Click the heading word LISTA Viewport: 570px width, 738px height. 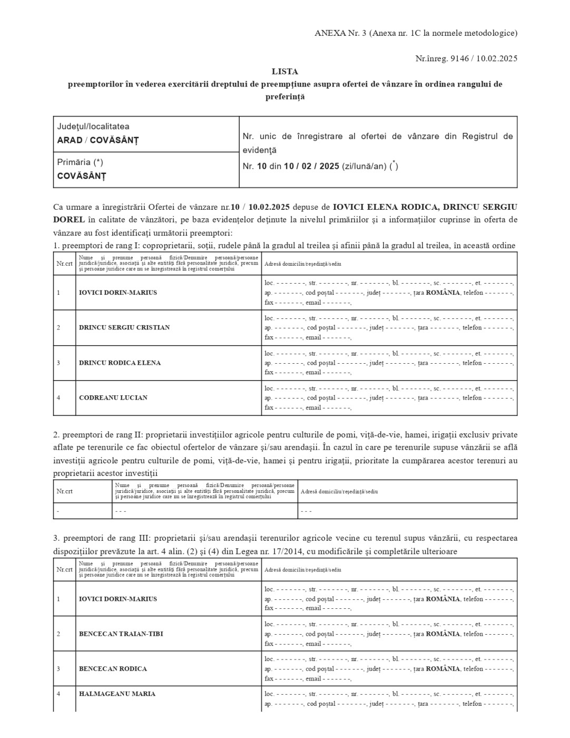(x=284, y=71)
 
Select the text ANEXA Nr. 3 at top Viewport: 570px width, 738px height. (x=340, y=33)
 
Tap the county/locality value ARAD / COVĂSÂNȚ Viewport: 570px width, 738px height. (x=98, y=140)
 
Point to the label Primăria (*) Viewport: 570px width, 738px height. (x=80, y=162)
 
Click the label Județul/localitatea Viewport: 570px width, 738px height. (x=93, y=127)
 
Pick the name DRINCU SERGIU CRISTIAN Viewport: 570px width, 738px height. (x=124, y=327)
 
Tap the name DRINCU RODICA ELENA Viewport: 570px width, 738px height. (x=120, y=363)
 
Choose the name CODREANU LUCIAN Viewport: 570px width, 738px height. (x=113, y=397)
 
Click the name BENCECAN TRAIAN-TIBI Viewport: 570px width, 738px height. (x=121, y=634)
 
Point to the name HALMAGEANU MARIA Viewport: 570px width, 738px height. (x=117, y=694)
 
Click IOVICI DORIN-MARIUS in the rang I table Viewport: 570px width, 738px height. (x=118, y=293)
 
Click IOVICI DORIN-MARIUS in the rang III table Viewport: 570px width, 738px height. (x=118, y=599)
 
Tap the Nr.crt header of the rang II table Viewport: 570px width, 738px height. (x=65, y=491)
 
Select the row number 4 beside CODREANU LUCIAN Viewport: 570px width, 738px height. (x=58, y=397)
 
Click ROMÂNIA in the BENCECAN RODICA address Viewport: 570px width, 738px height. (x=443, y=668)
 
